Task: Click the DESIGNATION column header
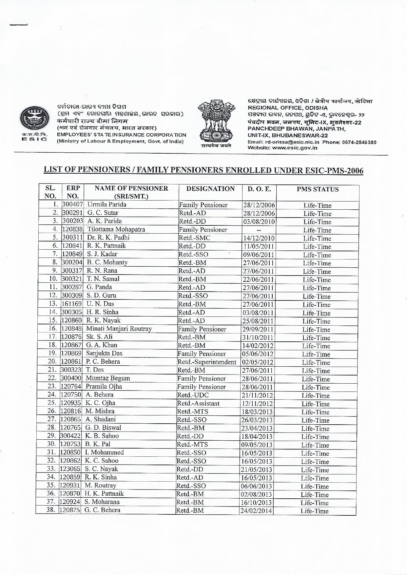210,189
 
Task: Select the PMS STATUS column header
318,189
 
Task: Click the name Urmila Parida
107,205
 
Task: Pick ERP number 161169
71,304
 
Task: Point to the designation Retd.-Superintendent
207,362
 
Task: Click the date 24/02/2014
256,510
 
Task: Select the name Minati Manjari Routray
119,329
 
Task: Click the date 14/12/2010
259,239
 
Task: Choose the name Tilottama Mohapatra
116,229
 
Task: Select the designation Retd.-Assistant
198,403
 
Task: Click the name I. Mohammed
105,452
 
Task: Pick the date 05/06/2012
258,354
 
